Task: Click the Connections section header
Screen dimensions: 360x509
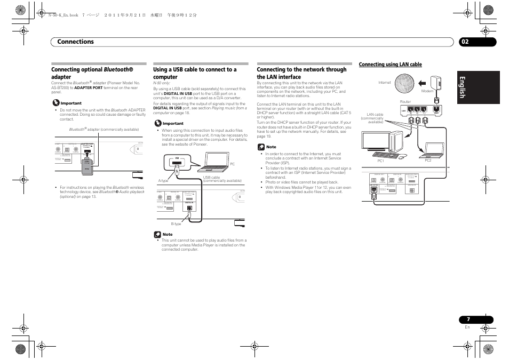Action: (x=76, y=42)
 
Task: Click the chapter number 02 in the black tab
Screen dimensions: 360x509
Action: (x=465, y=42)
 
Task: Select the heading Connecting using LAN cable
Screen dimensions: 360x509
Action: (x=390, y=65)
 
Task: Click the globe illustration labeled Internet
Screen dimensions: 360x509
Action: (x=405, y=83)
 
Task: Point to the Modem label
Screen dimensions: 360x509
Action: (x=427, y=91)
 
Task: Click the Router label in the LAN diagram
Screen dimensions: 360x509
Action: (x=405, y=101)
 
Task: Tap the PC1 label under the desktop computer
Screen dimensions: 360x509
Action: (x=381, y=161)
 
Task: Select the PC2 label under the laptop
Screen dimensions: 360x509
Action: (x=428, y=161)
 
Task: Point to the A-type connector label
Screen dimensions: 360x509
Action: (x=163, y=180)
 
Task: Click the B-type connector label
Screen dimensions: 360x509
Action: (x=176, y=224)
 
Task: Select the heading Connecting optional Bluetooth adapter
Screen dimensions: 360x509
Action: (x=92, y=73)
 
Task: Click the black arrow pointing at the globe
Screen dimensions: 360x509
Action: (x=424, y=83)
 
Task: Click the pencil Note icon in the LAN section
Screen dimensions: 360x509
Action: (x=261, y=147)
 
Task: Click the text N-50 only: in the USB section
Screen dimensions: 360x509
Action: (x=161, y=83)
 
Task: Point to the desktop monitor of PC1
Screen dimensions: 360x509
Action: (x=377, y=141)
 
